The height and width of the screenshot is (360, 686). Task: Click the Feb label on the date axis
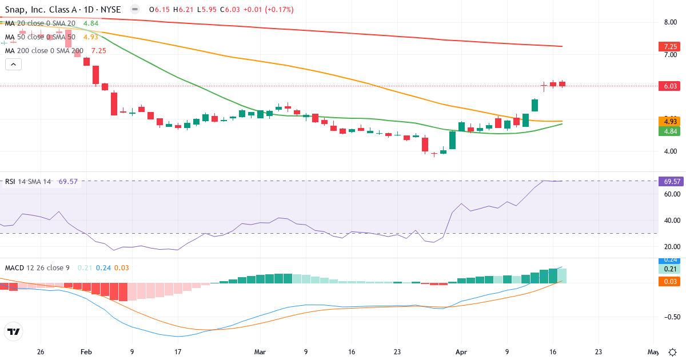click(x=86, y=352)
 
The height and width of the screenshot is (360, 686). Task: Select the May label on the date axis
click(x=653, y=352)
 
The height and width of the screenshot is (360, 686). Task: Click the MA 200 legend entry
click(x=45, y=50)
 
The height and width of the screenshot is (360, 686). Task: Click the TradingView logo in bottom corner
click(x=13, y=331)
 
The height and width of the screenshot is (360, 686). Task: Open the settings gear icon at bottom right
click(x=673, y=352)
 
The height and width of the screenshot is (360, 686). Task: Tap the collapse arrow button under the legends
click(x=13, y=65)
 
